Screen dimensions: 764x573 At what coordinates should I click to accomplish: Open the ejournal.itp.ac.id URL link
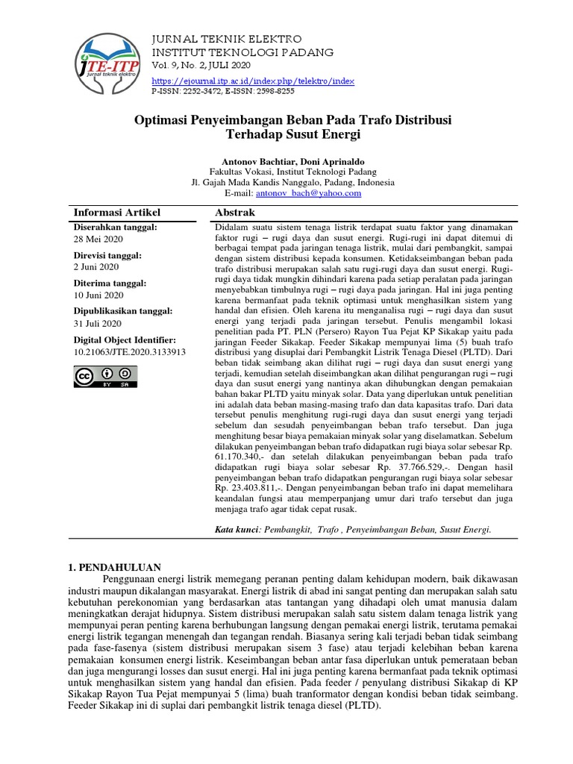(253, 81)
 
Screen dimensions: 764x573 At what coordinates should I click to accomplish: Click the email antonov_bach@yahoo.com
(308, 193)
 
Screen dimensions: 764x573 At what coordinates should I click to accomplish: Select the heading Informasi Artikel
(117, 213)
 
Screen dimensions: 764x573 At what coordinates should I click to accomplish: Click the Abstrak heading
(235, 213)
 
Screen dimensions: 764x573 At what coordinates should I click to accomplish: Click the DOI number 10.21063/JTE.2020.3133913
(130, 351)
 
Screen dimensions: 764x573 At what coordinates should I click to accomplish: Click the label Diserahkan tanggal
(116, 227)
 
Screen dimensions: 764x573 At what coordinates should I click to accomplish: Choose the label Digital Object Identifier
(124, 339)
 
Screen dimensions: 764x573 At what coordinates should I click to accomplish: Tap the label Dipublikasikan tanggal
(123, 311)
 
